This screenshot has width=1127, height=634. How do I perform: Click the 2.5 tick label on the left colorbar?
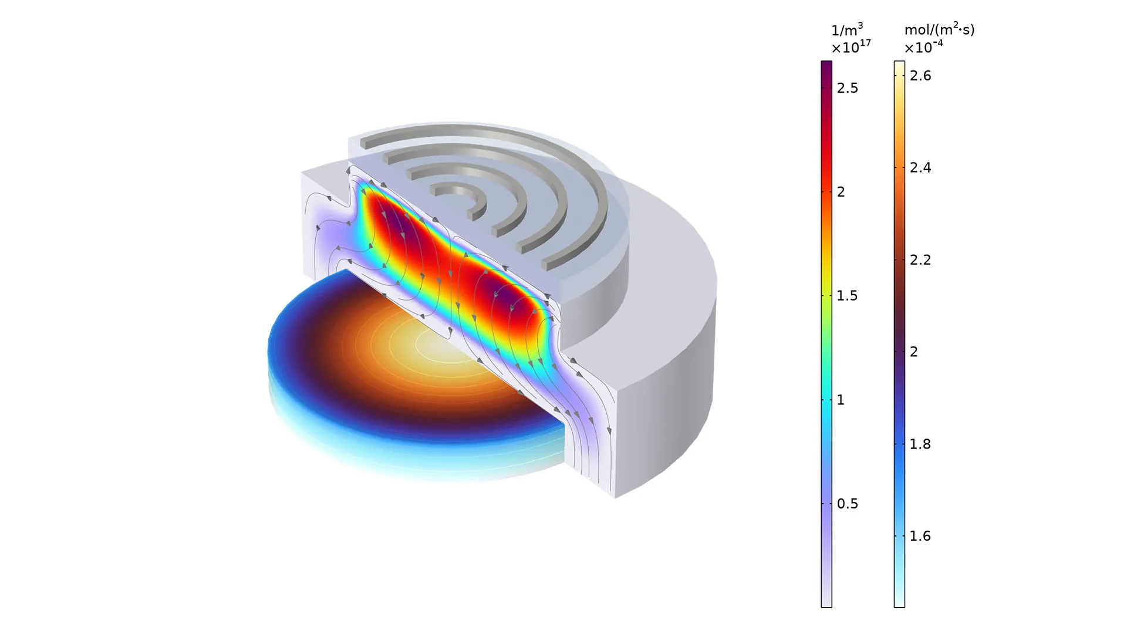[x=847, y=88]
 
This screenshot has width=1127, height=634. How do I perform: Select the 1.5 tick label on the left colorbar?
[x=847, y=296]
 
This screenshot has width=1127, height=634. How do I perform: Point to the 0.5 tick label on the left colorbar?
[x=847, y=504]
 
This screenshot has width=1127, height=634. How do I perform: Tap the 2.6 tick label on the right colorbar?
[x=920, y=76]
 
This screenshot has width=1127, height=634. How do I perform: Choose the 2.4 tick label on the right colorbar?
[x=920, y=168]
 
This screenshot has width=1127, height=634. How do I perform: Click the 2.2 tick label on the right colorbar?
[x=920, y=260]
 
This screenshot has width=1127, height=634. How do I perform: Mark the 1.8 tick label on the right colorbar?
[x=920, y=444]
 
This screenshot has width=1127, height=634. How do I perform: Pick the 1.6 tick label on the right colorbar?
[x=920, y=536]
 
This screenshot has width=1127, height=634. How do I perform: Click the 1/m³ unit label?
[x=847, y=30]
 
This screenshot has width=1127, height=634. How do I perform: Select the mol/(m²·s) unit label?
[x=939, y=29]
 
